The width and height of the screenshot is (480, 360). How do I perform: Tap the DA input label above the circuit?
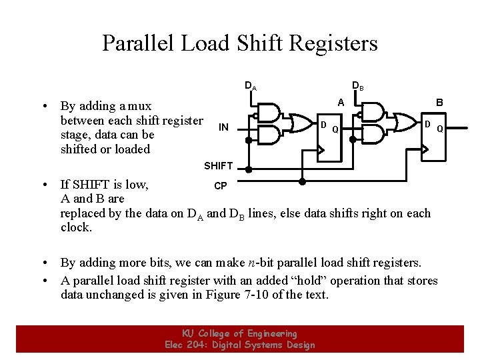coord(250,86)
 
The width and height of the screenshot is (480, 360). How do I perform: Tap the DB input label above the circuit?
coord(357,86)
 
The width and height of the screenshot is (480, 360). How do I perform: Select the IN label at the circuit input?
coord(223,127)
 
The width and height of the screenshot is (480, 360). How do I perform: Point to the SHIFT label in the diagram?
coord(218,165)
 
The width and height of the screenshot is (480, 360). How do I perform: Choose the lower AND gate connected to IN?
coord(269,135)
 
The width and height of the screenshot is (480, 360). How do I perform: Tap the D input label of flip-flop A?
coord(323,125)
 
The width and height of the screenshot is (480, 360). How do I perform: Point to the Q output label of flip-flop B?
coord(440,129)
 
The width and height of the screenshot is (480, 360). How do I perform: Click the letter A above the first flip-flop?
coord(341,103)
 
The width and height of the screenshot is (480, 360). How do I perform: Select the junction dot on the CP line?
coord(302,181)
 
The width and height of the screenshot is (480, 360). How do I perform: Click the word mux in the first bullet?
coord(138,106)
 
